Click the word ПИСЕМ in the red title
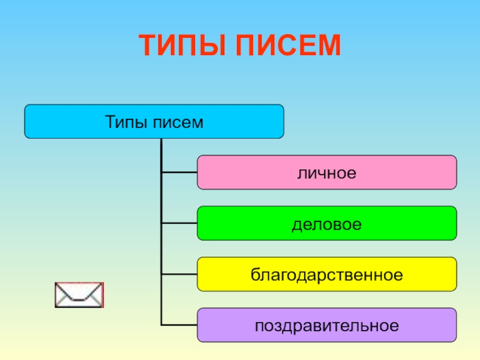click(287, 46)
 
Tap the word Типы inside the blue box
click(126, 122)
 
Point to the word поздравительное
click(327, 326)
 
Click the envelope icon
click(79, 295)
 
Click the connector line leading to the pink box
click(179, 173)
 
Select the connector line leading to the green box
click(179, 224)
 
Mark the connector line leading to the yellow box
click(179, 275)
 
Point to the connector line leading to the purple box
click(179, 326)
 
